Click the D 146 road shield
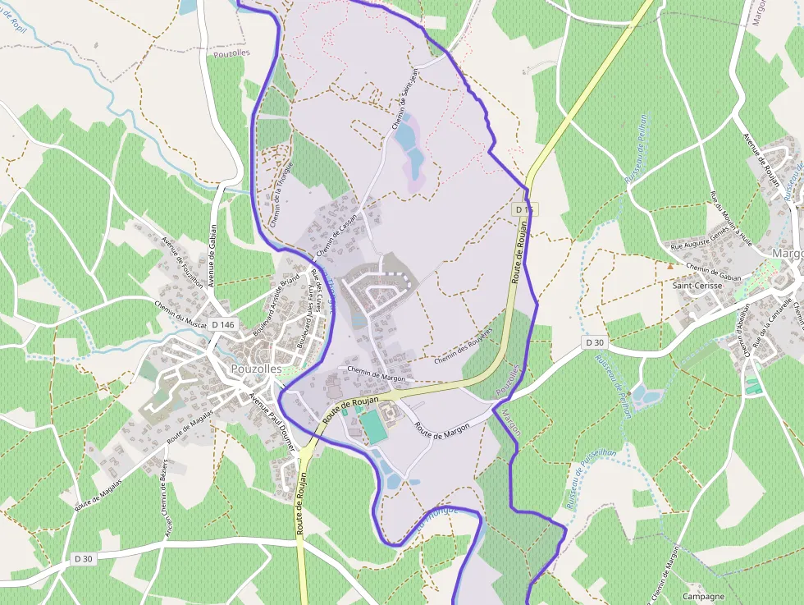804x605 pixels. (222, 325)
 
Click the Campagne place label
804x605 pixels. (702, 597)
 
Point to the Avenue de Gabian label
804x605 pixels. (211, 255)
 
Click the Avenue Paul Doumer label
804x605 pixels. (271, 415)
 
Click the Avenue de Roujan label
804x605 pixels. (761, 160)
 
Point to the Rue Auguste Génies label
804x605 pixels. (699, 244)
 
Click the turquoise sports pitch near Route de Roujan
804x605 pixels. (372, 427)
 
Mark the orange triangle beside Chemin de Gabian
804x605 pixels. (670, 266)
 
